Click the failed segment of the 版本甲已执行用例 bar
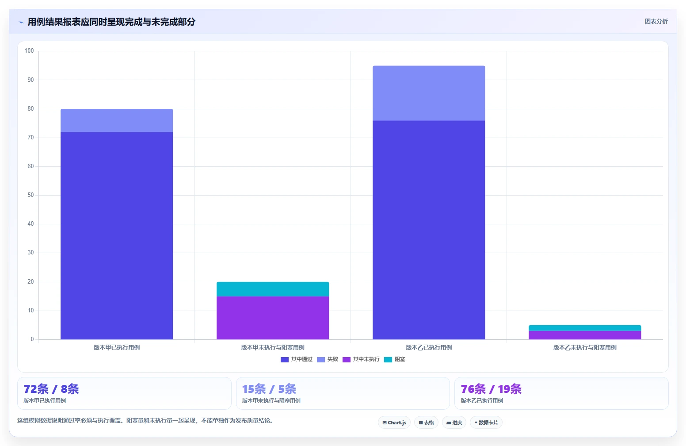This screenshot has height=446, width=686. [x=117, y=120]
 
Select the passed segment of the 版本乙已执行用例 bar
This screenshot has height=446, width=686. [x=429, y=230]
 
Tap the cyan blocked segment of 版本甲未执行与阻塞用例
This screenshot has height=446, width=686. [x=273, y=289]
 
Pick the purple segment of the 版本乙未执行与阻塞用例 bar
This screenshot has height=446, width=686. [x=585, y=335]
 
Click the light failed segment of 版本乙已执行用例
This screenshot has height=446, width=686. [x=429, y=93]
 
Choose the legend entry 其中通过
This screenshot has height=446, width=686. [x=297, y=359]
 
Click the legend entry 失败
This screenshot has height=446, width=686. [x=328, y=359]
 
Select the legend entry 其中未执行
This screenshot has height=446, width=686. [x=361, y=359]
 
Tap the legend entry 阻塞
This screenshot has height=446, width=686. [x=394, y=359]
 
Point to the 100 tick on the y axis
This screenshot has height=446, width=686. [x=29, y=50]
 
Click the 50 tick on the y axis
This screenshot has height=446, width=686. [x=30, y=195]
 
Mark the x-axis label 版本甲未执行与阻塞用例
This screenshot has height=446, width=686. [x=273, y=347]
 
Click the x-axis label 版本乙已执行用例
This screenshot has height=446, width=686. [x=429, y=347]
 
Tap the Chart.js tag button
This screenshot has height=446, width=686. [x=394, y=423]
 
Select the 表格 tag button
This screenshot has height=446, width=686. [x=426, y=423]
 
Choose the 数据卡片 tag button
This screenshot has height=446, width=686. [x=486, y=423]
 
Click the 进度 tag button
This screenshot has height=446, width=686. [x=454, y=423]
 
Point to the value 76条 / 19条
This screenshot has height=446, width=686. [x=491, y=389]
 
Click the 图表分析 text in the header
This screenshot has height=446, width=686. [x=656, y=21]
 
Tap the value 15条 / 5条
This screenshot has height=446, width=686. [x=269, y=389]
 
